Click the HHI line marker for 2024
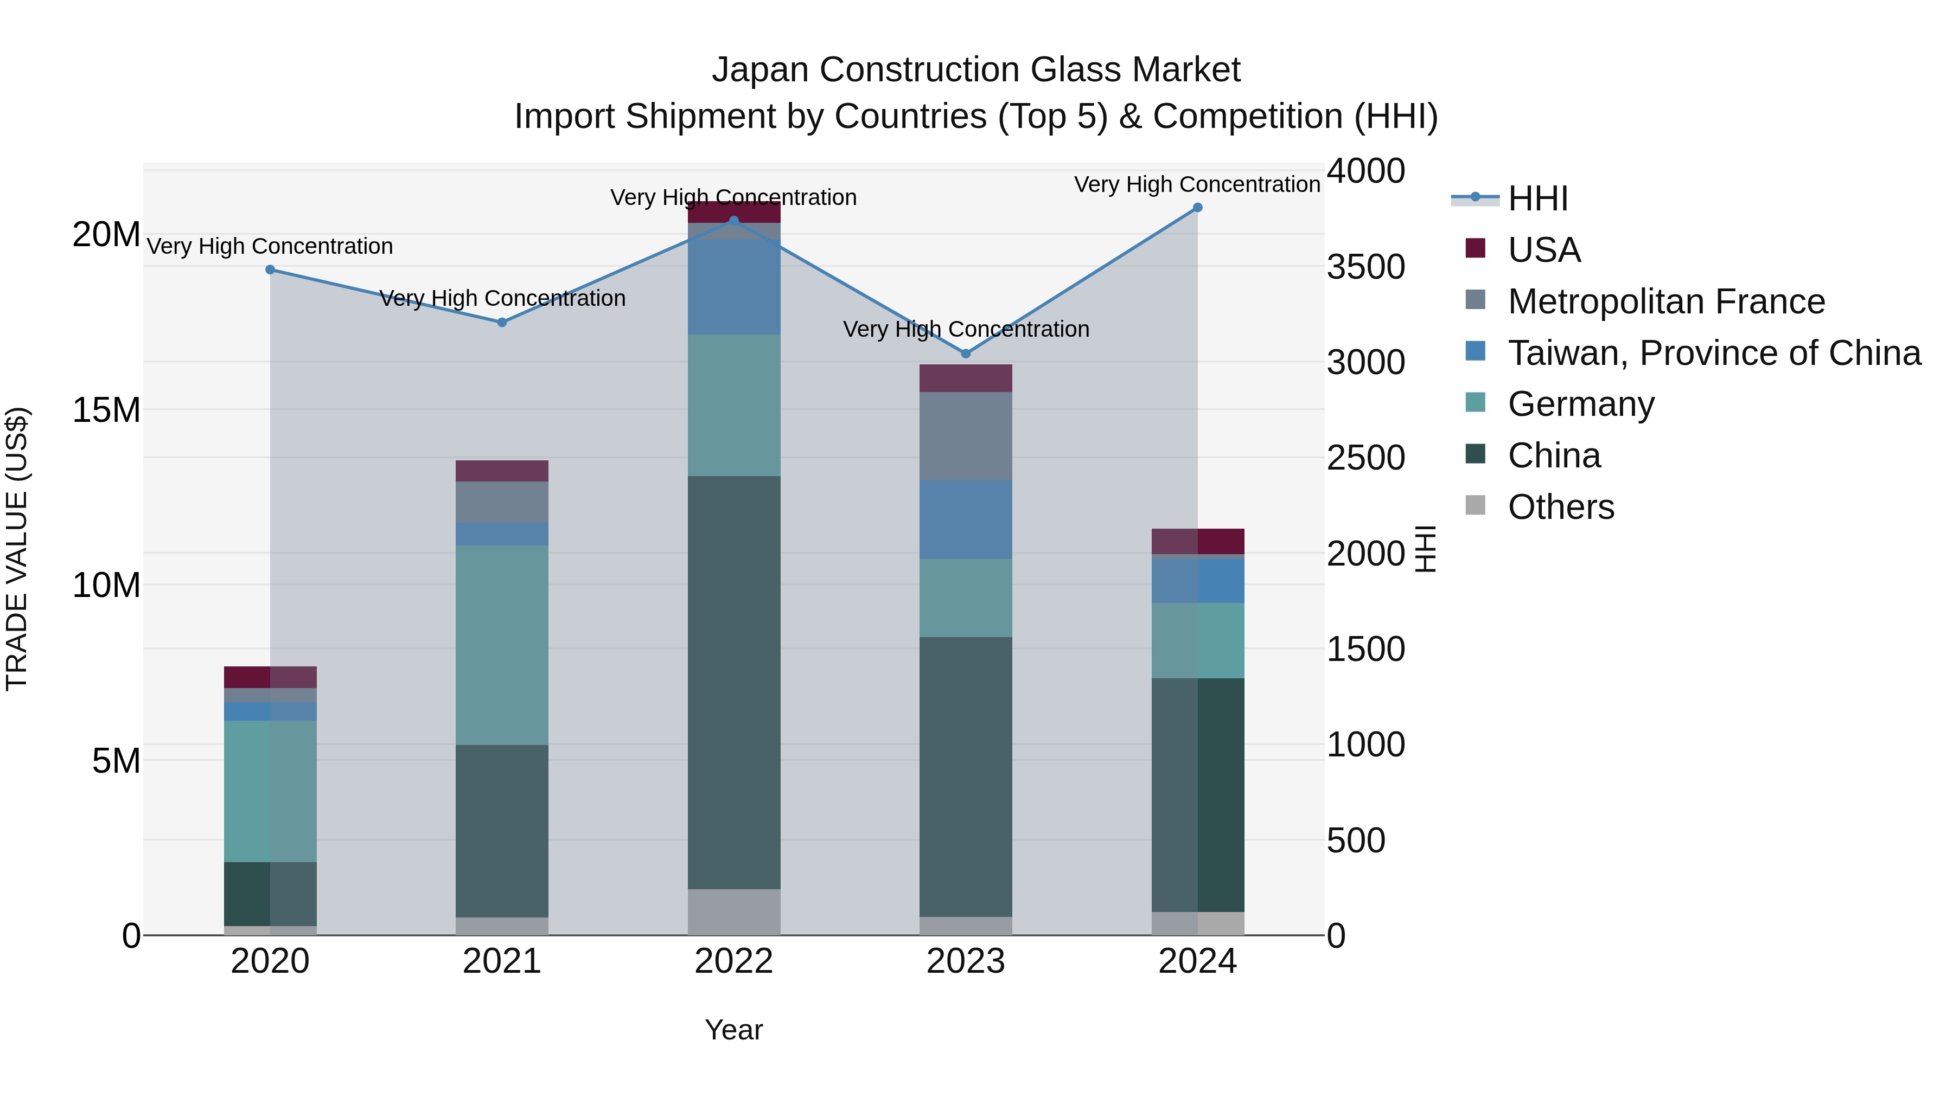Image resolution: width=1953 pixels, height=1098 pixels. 1197,208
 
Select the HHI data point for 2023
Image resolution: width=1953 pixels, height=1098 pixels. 965,354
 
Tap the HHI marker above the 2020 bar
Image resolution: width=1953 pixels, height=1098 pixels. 271,270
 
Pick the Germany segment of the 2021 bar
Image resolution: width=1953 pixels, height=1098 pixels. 501,644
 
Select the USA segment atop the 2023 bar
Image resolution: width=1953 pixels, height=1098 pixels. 965,378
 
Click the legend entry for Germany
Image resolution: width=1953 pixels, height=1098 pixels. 1581,404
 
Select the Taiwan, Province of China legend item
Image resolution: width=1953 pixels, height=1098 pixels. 1713,353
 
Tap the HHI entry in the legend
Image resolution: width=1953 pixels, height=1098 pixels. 1537,198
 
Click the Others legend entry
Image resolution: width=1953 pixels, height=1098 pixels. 1560,507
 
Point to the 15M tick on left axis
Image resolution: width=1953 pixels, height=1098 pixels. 106,410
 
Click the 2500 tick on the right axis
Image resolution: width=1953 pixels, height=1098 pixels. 1365,458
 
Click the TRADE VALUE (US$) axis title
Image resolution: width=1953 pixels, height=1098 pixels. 17,549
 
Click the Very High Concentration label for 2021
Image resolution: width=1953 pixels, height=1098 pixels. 502,299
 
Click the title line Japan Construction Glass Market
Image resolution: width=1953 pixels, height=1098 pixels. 976,70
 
